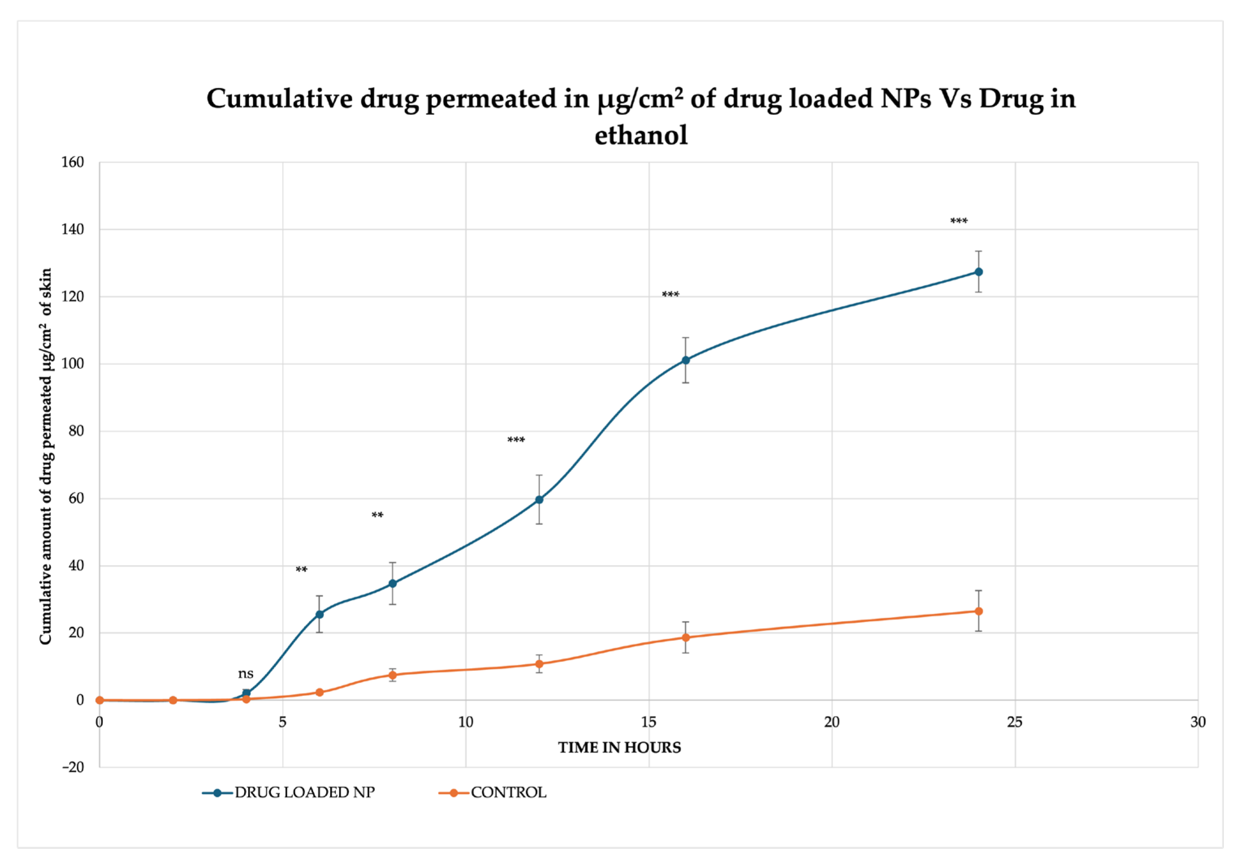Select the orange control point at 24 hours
pos(978,611)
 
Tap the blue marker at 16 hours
pos(685,360)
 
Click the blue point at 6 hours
pos(319,615)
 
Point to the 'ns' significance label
pos(245,674)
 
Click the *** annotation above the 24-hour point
pos(959,221)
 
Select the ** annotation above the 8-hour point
pos(377,515)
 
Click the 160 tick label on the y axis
pos(72,162)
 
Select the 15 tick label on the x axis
pos(649,722)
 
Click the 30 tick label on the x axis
pos(1197,722)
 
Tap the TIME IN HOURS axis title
pos(619,748)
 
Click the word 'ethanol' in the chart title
pos(641,135)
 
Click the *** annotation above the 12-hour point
pos(515,440)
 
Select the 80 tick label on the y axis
pos(76,431)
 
